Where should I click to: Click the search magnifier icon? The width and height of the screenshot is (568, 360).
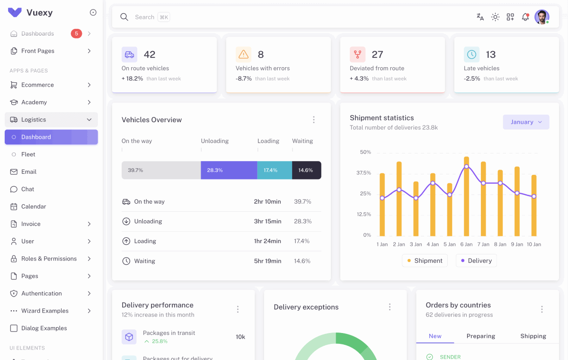point(124,17)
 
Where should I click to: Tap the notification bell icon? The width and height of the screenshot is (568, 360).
point(525,17)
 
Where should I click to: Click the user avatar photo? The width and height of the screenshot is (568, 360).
point(541,17)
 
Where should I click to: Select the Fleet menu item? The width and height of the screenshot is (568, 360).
point(28,154)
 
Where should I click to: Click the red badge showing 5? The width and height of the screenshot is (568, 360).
point(76,34)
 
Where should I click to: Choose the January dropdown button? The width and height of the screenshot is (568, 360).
point(526,122)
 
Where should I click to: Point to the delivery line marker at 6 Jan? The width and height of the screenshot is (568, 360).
point(466,167)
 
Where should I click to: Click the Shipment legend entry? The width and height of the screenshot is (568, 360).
point(425,261)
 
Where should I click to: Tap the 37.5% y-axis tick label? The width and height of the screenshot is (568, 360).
point(364,173)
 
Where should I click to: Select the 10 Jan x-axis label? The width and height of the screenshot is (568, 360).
point(534,244)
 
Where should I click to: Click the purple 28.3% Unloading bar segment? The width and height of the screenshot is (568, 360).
point(229,170)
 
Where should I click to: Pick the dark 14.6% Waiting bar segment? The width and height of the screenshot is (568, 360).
point(306,170)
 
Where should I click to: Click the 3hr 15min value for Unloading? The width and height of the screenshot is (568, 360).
point(267,221)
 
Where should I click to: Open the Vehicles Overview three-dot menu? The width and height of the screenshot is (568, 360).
point(313,120)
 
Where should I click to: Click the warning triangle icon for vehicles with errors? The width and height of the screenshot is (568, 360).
point(243,54)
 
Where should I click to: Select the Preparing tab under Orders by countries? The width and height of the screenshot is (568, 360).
point(480,336)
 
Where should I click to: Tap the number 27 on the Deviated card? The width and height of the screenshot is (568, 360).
point(377,54)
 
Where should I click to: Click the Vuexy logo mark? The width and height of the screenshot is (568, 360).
point(15,13)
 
